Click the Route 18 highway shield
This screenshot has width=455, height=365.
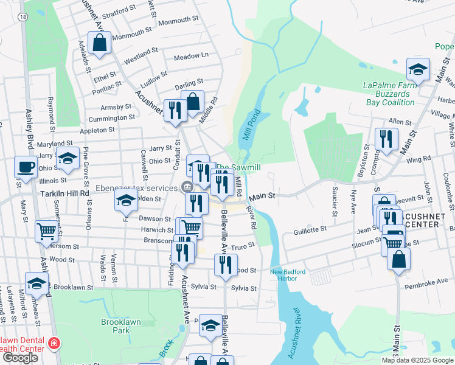click(23, 18)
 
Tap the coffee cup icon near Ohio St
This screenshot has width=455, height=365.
click(26, 166)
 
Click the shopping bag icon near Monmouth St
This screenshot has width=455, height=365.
click(98, 43)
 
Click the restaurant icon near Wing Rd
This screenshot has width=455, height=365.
click(387, 139)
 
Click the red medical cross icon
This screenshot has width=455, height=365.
click(54, 344)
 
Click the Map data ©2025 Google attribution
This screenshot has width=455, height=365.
click(417, 360)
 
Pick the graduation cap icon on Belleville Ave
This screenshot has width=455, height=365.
click(210, 325)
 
